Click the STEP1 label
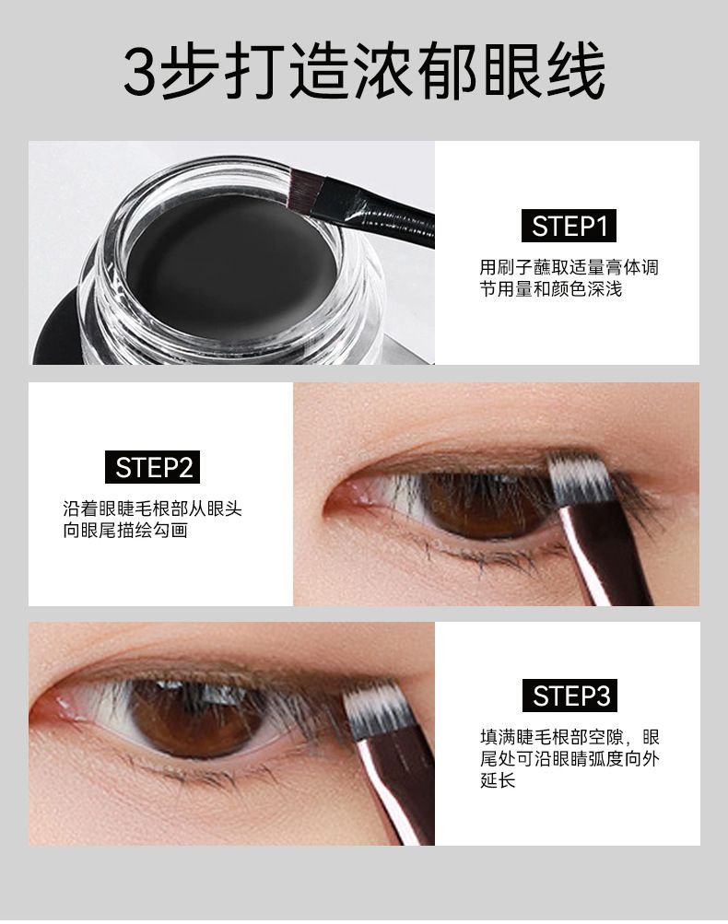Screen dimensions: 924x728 click(x=569, y=226)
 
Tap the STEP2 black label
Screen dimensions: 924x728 click(x=154, y=467)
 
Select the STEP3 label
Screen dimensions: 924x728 click(x=572, y=696)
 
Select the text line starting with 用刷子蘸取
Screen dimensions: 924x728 click(x=569, y=268)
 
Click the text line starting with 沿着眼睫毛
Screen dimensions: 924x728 click(x=152, y=509)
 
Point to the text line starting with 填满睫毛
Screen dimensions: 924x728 click(x=569, y=738)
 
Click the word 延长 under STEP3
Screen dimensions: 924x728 click(x=497, y=780)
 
